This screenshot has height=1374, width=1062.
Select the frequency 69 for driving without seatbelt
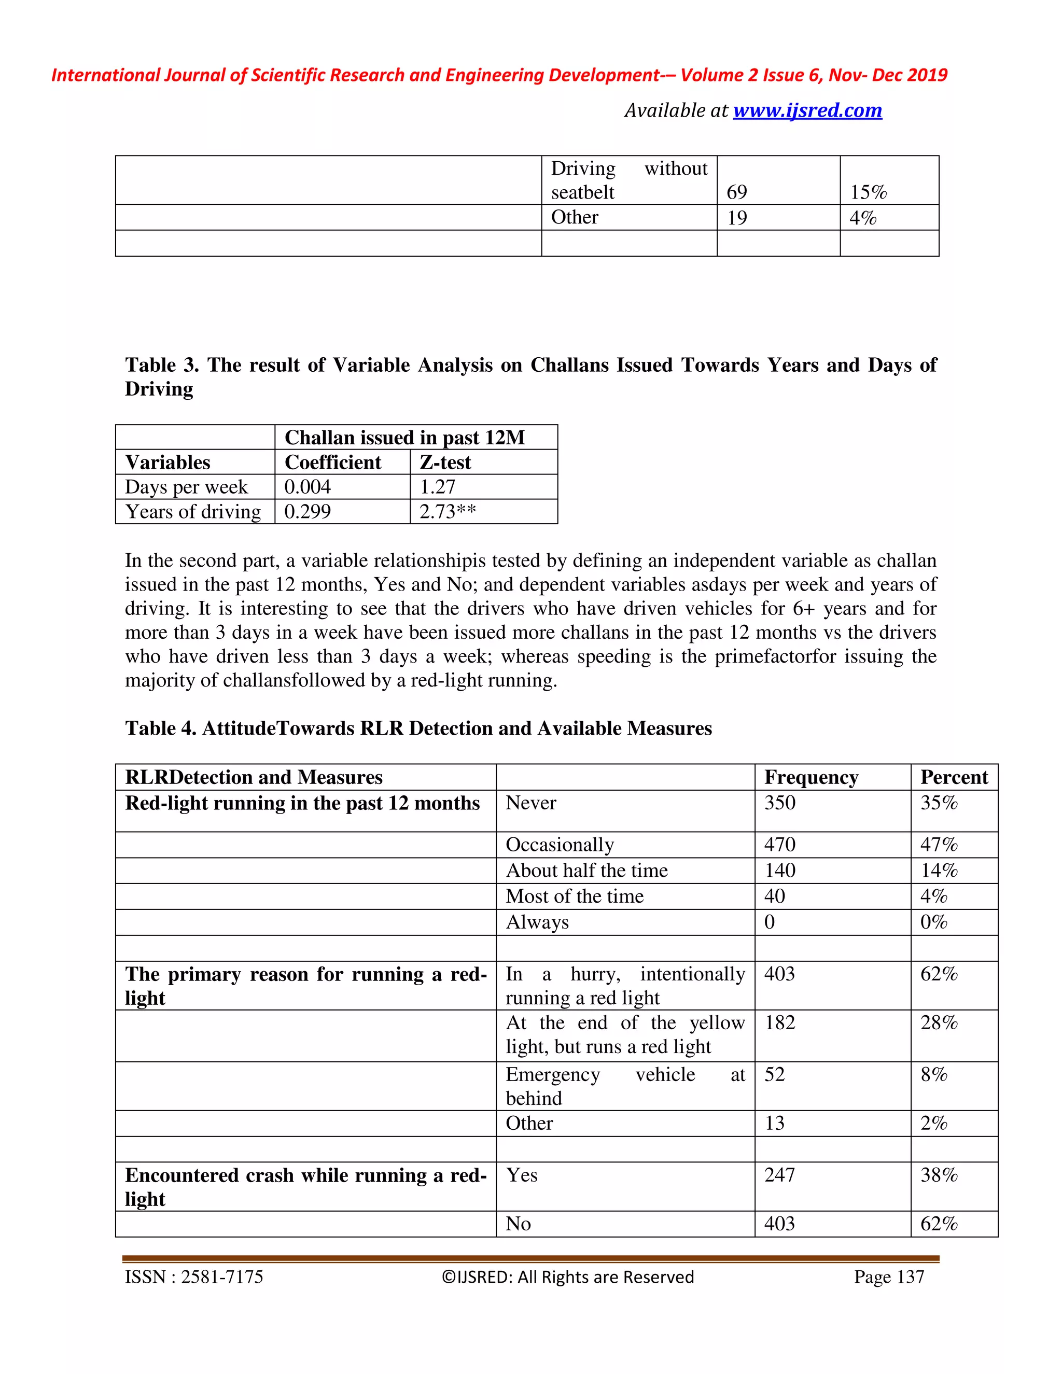tap(737, 192)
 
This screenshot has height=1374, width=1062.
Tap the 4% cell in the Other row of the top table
tap(862, 218)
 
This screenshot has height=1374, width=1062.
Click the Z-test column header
tap(445, 462)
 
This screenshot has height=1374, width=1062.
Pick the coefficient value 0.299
tap(308, 511)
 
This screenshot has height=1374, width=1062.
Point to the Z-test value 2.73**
tap(448, 511)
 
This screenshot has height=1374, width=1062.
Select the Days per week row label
tap(186, 487)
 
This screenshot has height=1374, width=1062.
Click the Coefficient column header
tap(333, 462)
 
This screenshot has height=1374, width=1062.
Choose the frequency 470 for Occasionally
tap(779, 844)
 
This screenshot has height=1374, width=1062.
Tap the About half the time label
tap(586, 870)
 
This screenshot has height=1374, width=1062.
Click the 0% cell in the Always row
tap(933, 922)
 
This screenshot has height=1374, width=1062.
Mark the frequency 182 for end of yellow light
tap(779, 1022)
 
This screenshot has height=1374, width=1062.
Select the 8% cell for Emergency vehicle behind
tap(933, 1074)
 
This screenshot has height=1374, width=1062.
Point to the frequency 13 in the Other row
tap(775, 1123)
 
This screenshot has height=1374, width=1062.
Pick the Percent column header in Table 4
tap(954, 777)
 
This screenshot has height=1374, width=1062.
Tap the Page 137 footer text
tap(888, 1277)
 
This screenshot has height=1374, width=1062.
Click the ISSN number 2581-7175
tap(221, 1277)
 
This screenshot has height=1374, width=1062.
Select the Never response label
tap(531, 803)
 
